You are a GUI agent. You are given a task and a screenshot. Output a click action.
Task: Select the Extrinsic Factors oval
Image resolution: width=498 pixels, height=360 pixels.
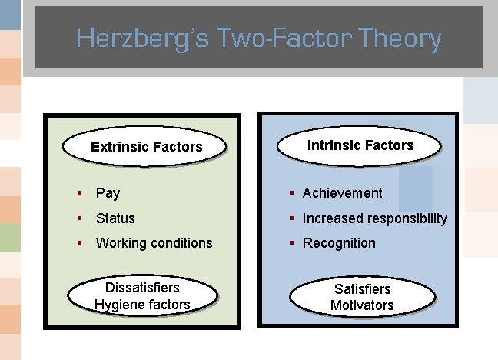pyautogui.click(x=147, y=147)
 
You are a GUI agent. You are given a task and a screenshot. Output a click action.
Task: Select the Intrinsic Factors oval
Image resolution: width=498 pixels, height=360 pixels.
pyautogui.click(x=360, y=145)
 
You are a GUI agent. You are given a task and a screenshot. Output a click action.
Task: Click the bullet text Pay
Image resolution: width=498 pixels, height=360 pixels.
pyautogui.click(x=108, y=193)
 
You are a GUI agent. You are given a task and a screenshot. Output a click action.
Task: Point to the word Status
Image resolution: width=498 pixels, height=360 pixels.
pyautogui.click(x=115, y=218)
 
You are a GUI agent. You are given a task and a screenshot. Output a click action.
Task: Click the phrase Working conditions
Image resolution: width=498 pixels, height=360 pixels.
pyautogui.click(x=154, y=243)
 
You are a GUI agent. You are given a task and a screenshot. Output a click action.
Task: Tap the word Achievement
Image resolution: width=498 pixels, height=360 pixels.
pyautogui.click(x=342, y=193)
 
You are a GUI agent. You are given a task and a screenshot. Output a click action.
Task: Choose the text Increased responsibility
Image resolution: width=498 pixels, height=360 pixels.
pyautogui.click(x=374, y=218)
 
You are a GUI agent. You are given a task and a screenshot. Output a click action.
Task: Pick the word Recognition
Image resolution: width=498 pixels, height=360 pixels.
pyautogui.click(x=339, y=243)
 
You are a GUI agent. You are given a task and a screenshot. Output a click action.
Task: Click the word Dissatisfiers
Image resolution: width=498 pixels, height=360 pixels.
pyautogui.click(x=142, y=288)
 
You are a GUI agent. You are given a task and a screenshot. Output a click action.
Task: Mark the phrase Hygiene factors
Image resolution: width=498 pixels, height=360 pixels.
pyautogui.click(x=142, y=305)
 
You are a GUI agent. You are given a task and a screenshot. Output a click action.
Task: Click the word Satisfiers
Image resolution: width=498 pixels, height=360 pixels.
pyautogui.click(x=362, y=289)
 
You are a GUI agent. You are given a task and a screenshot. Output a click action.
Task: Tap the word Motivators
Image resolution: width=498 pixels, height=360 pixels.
pyautogui.click(x=362, y=305)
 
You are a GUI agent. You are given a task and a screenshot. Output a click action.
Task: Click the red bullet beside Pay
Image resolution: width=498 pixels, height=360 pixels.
pyautogui.click(x=80, y=193)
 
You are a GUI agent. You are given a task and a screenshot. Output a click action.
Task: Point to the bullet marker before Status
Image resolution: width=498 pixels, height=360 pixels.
pyautogui.click(x=80, y=218)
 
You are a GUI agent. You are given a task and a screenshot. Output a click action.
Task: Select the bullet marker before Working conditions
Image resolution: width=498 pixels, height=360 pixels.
pyautogui.click(x=80, y=242)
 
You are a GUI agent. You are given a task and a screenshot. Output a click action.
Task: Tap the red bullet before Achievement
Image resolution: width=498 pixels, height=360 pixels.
pyautogui.click(x=293, y=193)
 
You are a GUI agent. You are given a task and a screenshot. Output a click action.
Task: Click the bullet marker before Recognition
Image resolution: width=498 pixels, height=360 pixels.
pyautogui.click(x=293, y=243)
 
